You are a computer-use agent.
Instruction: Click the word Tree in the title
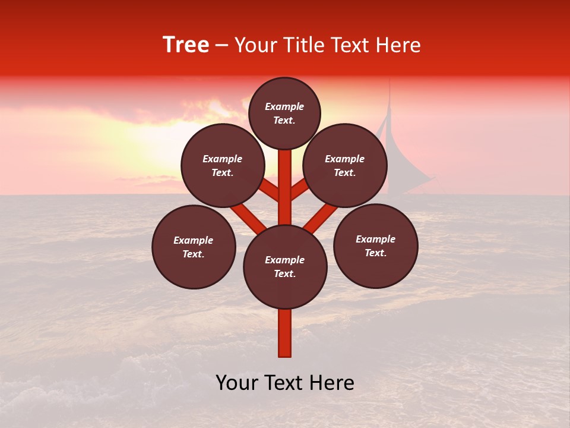(x=186, y=45)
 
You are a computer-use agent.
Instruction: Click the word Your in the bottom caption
(x=237, y=383)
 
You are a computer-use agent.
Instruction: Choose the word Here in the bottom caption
(x=330, y=383)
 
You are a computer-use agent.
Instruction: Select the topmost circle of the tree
(x=284, y=113)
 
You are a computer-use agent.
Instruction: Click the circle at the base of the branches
(x=285, y=267)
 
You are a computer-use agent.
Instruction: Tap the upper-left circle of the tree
(x=223, y=165)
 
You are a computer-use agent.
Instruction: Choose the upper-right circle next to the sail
(x=345, y=165)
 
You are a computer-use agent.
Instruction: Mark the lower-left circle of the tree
(x=194, y=247)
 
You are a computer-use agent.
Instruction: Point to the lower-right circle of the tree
(x=376, y=246)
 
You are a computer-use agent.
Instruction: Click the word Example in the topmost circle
(x=284, y=106)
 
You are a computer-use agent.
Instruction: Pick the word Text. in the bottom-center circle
(x=284, y=273)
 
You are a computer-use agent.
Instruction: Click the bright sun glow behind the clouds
(x=148, y=143)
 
